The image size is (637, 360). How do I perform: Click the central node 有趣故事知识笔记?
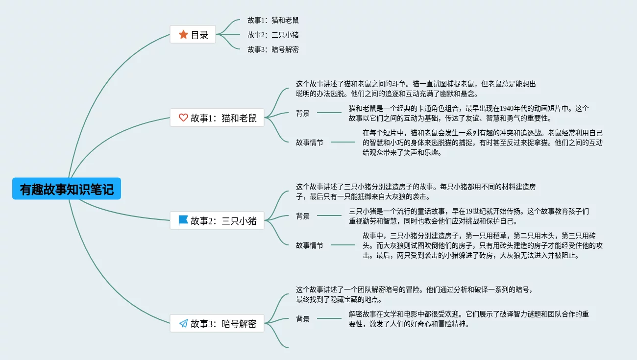67,189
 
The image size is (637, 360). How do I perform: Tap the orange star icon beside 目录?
183,34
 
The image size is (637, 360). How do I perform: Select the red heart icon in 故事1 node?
183,118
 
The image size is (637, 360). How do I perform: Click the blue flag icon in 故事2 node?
183,220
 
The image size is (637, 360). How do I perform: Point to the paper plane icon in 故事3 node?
183,323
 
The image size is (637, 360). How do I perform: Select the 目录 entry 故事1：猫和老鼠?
273,20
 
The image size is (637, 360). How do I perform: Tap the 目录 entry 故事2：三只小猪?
273,35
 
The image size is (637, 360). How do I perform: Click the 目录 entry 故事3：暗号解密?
273,49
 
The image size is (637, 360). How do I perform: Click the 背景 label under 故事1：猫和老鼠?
303,113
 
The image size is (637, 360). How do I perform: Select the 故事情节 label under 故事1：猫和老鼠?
310,143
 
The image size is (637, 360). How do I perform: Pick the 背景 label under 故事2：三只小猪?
303,216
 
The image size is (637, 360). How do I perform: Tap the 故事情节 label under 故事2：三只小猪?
310,245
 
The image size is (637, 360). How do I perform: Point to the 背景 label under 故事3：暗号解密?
303,319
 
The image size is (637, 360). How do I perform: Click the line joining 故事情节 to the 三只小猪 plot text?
343,245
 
